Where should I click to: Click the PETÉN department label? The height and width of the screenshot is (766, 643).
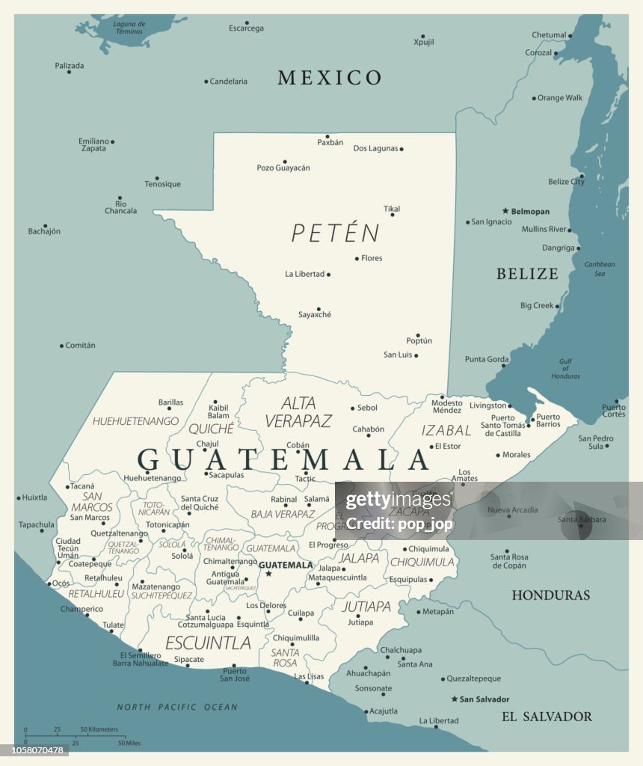tap(336, 233)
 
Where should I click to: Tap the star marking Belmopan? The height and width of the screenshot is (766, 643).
tap(505, 211)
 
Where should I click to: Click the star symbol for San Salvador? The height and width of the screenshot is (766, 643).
tap(454, 699)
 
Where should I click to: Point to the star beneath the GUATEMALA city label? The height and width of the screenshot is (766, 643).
tap(268, 574)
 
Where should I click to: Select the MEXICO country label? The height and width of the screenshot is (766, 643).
tap(330, 78)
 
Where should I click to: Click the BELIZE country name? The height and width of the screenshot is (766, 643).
tap(527, 274)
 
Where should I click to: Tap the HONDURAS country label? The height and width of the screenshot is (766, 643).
tap(550, 595)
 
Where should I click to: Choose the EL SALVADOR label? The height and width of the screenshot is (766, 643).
tap(547, 717)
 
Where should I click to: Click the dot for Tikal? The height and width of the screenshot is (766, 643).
tap(392, 215)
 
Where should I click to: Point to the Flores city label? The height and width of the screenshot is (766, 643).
tap(372, 259)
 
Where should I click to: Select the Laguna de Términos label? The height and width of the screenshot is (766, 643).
tap(129, 28)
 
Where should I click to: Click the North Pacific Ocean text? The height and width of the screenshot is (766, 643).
tap(177, 707)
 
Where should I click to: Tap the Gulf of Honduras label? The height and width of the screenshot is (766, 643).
tap(565, 368)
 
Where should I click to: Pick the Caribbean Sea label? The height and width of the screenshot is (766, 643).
tap(600, 269)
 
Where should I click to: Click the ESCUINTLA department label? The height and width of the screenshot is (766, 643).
tap(208, 643)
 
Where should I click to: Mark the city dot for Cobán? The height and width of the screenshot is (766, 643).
tap(298, 452)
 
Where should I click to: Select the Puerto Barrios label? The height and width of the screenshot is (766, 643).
tap(548, 420)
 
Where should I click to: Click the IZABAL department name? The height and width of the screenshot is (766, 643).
tap(446, 430)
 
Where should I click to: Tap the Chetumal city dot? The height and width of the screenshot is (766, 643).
tap(570, 35)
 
